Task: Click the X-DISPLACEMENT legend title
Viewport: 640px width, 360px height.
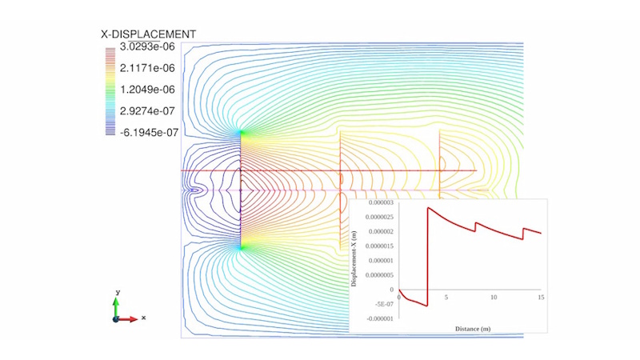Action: point(149,34)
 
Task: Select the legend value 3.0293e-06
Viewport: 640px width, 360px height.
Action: point(147,46)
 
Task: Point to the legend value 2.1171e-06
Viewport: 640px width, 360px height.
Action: point(147,68)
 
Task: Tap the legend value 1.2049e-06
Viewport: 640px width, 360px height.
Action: point(147,90)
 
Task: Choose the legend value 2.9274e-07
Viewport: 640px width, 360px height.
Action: point(147,111)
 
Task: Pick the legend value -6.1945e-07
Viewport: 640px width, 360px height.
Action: point(149,132)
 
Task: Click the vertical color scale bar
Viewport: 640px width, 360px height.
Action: point(110,91)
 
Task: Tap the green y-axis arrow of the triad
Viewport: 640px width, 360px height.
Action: point(116,307)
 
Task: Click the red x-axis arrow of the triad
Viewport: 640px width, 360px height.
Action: point(126,319)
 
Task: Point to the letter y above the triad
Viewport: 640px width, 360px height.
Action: point(118,292)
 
